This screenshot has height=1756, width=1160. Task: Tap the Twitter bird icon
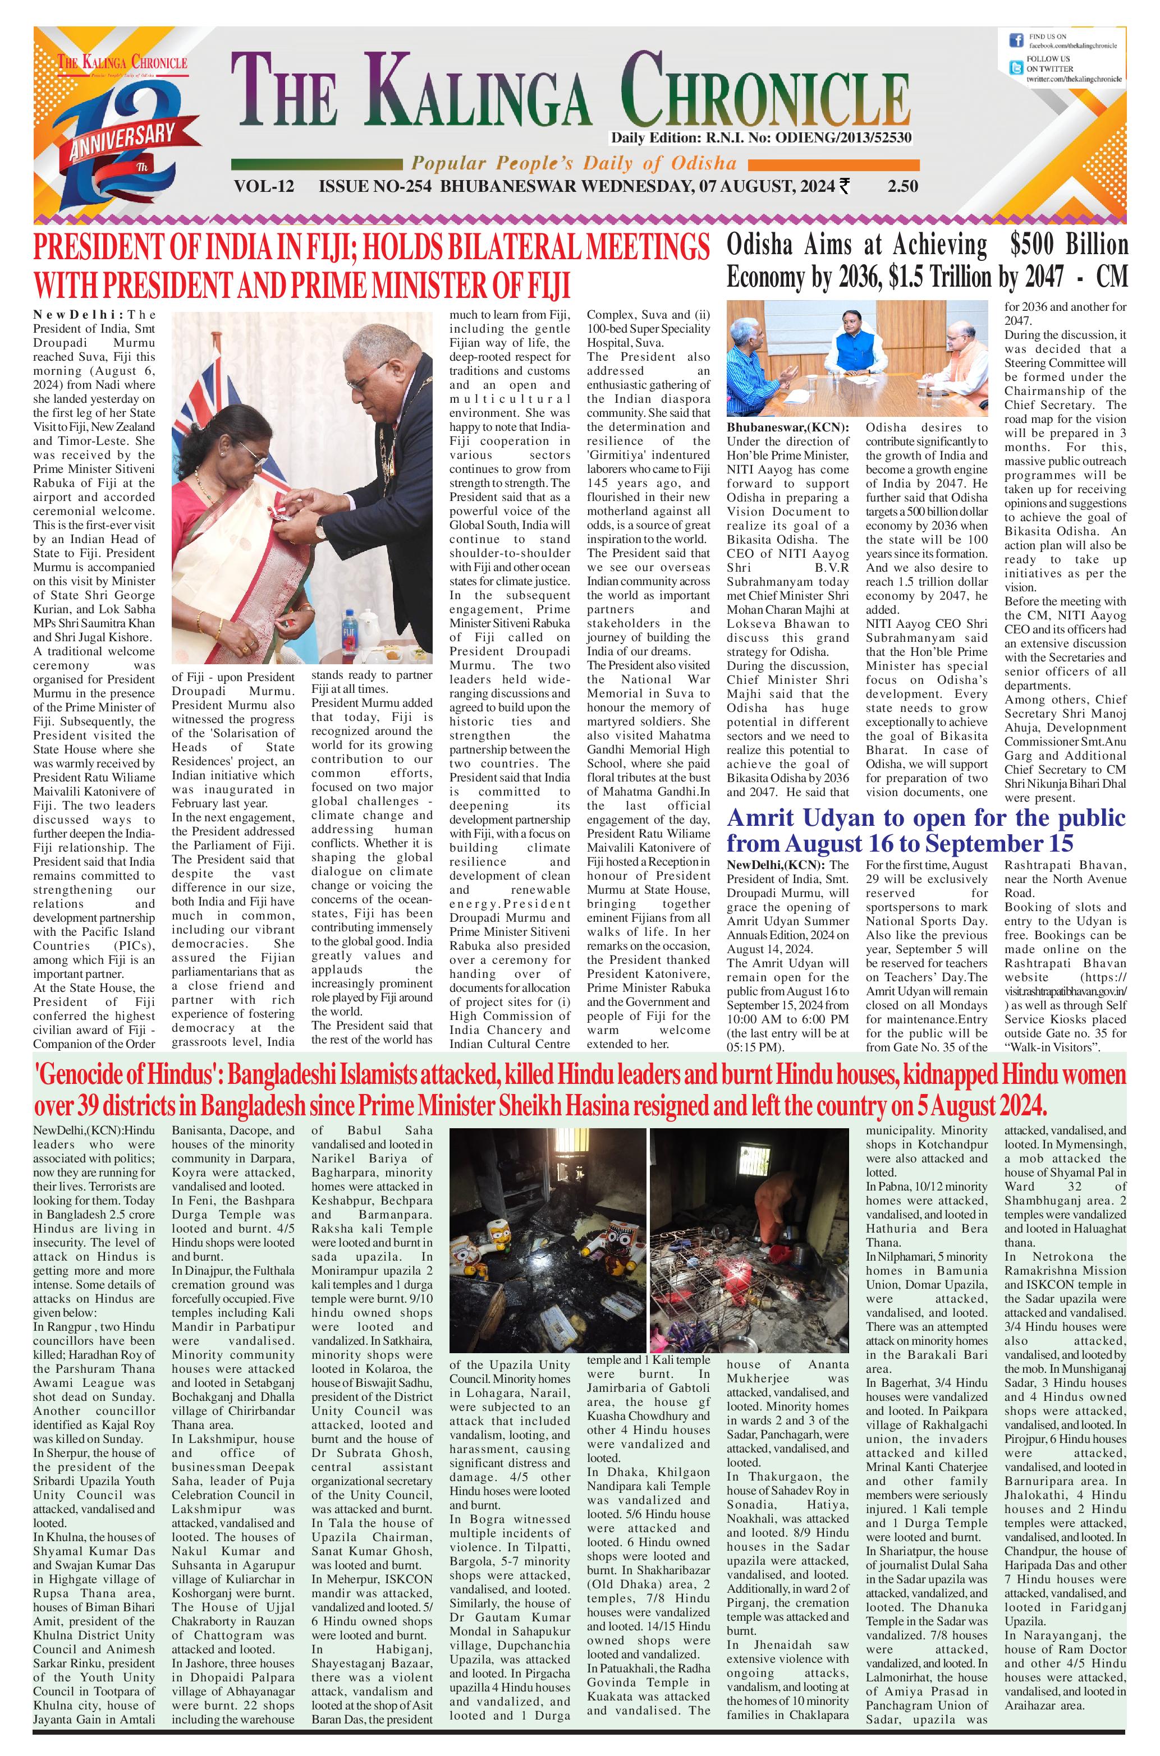pos(1016,68)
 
